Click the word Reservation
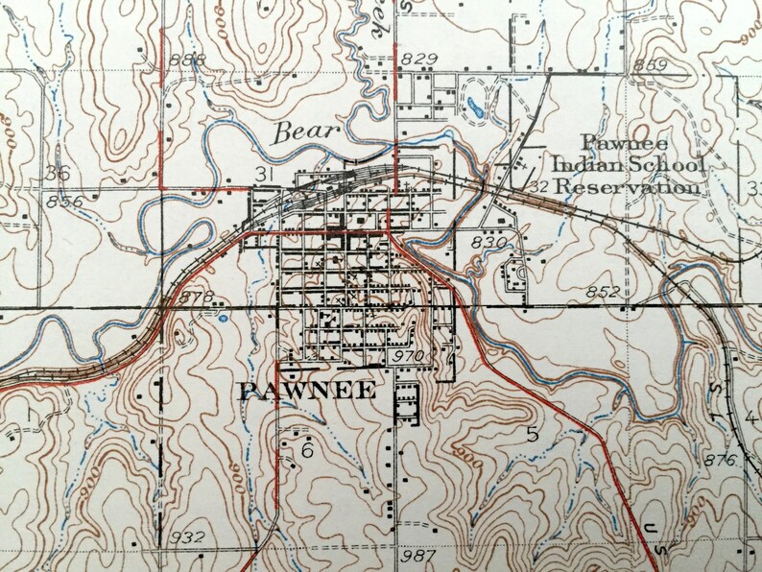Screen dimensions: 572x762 coord(629,186)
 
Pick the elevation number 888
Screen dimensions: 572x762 coord(186,60)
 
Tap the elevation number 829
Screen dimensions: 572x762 coord(419,60)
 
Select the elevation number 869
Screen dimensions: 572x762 coord(650,65)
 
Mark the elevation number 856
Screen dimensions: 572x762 coord(63,202)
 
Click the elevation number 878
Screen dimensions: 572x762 coord(195,298)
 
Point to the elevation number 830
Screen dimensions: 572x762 coord(488,245)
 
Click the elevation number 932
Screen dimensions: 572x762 coord(187,536)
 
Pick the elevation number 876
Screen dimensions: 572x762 coord(721,462)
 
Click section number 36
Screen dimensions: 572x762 coord(57,173)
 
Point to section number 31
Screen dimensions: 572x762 coord(267,173)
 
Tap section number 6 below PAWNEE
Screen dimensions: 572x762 coord(307,450)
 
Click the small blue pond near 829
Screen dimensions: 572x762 coord(475,105)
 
